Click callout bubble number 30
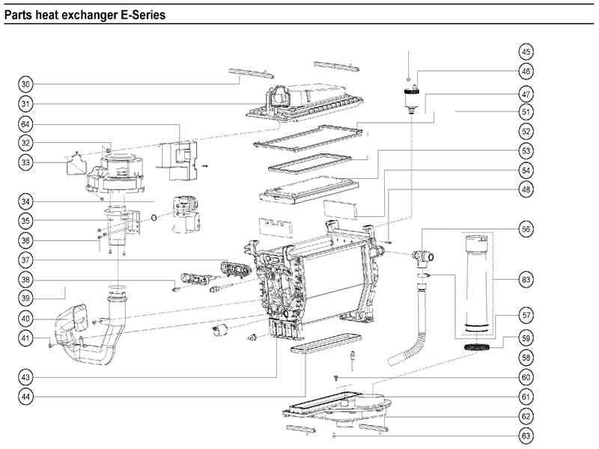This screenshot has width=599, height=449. point(25,83)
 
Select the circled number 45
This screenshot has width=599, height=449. point(526,52)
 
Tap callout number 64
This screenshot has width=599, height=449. point(25,123)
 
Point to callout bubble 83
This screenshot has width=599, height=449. point(526,280)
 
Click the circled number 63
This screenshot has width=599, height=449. point(526,435)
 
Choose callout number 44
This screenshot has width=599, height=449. point(25,397)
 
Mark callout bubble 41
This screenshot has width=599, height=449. point(25,340)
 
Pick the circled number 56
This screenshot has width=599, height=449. point(526,230)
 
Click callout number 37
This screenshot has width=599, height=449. point(25,260)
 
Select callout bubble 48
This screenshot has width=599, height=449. point(526,190)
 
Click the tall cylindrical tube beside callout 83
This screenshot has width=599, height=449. point(477,281)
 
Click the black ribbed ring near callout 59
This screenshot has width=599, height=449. point(476,346)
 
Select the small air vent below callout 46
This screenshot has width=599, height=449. point(409,97)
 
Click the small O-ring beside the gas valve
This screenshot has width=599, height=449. point(153,218)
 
